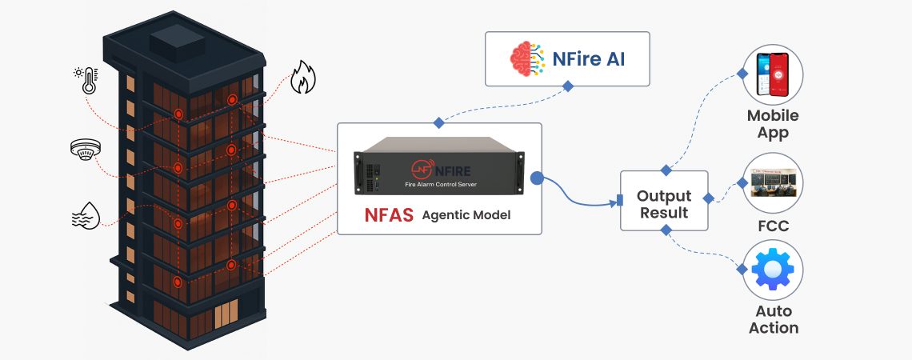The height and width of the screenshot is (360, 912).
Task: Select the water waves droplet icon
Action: pos(86,214)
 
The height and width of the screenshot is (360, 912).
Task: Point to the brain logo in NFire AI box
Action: pos(529,58)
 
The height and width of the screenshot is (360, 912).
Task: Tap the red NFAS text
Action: pos(389,214)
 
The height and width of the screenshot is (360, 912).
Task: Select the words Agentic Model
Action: pos(466,215)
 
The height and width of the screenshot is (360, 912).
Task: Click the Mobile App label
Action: pos(773,124)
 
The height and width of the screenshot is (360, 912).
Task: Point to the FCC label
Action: pos(773,226)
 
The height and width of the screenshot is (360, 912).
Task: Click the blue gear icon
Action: pos(773,270)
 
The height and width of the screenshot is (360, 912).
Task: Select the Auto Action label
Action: pos(773,319)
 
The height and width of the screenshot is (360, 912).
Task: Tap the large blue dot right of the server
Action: pos(538,178)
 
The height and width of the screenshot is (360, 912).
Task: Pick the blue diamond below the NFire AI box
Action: pos(567,86)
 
